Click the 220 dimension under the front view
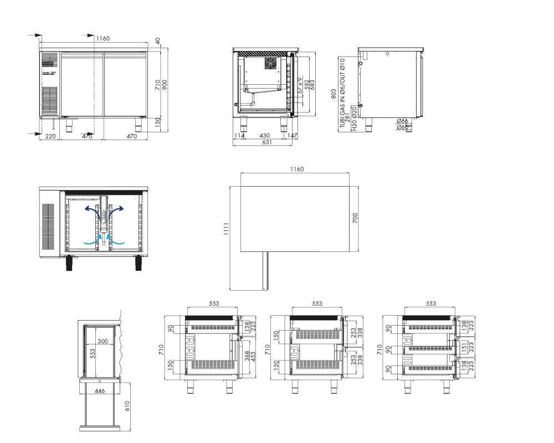coord(50,136)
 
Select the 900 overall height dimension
coord(165,84)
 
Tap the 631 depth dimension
coord(267,142)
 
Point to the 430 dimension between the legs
coord(264,135)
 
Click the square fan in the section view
coord(272,63)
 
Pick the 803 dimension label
coord(334,94)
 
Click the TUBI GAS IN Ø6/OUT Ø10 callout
coord(342,93)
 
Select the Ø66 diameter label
coord(402,121)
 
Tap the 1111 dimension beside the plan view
coord(226,229)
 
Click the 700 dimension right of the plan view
coord(355,218)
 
